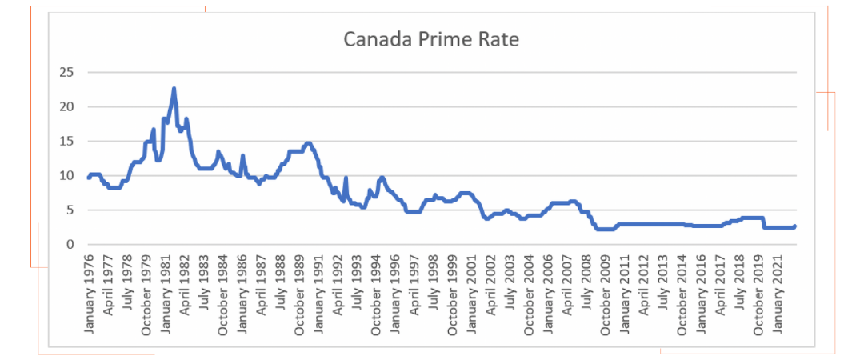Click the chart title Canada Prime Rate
point(431,39)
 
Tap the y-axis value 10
point(66,175)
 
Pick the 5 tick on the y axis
point(70,210)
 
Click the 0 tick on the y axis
point(70,244)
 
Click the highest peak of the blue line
point(174,88)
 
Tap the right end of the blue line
point(794,226)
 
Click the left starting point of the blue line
point(88,178)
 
